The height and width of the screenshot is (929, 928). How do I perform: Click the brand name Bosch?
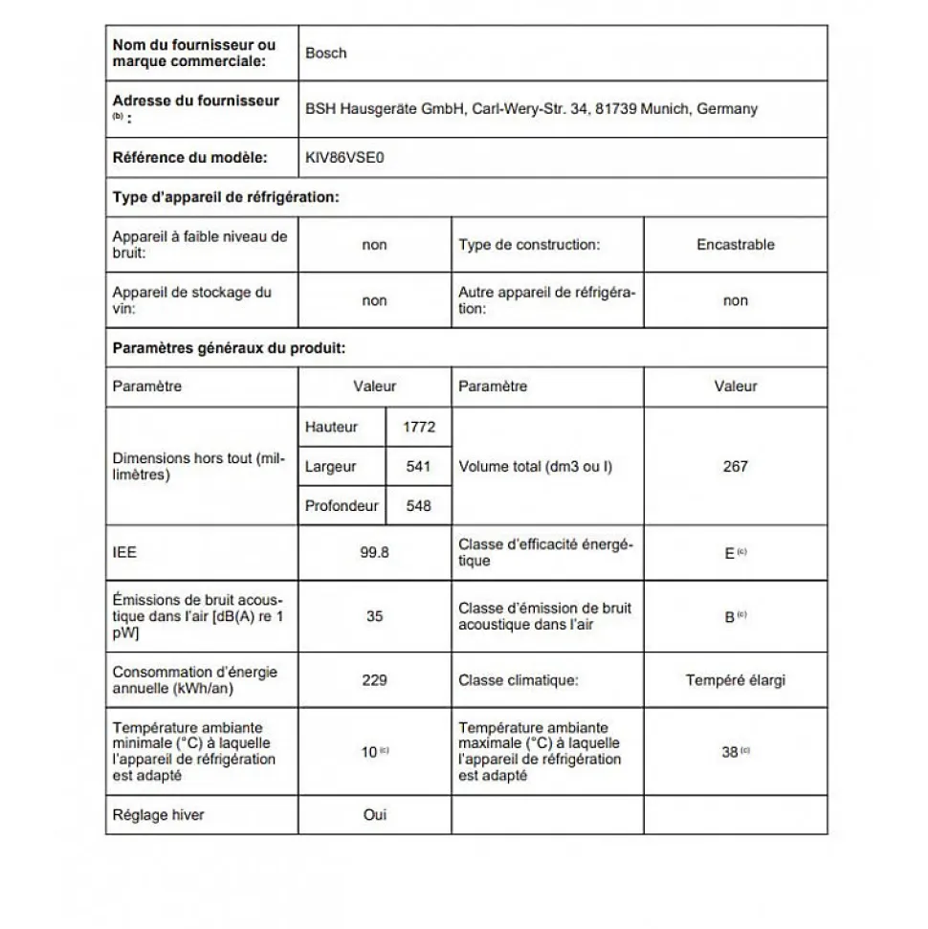coord(325,54)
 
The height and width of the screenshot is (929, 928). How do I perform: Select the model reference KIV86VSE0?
coord(344,157)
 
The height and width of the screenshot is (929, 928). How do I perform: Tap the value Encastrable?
coord(735,245)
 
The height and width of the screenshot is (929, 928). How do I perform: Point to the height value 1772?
coord(418,428)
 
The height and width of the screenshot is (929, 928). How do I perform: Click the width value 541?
coord(418,467)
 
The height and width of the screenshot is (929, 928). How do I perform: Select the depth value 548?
coord(418,506)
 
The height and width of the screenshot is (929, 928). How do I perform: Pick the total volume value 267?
coord(735,467)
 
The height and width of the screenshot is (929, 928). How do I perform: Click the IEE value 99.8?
coord(374,553)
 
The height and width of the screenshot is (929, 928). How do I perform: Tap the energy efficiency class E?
coord(730,553)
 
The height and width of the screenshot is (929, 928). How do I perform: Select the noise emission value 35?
coord(374,616)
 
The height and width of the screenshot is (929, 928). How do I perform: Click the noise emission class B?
coord(730,617)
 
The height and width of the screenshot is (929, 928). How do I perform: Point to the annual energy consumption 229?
coord(374,680)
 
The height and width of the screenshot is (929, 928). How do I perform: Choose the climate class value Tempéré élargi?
coord(735,681)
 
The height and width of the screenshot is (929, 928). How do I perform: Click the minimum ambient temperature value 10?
coord(369,752)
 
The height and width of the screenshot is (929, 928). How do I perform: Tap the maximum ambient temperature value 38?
coord(730,752)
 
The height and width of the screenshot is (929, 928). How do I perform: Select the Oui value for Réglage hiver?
coord(374,815)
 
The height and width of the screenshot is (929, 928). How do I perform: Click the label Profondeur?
coord(342,506)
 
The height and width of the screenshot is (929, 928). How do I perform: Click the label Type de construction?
coord(529,245)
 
